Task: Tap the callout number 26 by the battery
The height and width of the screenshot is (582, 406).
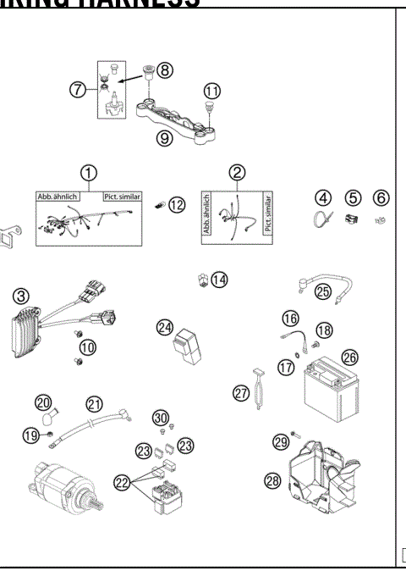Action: pos(349,358)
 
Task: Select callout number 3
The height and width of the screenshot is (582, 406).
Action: pos(21,297)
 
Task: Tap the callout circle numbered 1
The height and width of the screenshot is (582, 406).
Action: pos(88,173)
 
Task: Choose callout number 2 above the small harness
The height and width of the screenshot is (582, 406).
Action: pos(238,173)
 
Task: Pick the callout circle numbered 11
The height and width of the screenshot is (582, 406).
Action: pos(212,89)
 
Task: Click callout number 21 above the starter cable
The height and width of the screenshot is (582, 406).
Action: pos(94,404)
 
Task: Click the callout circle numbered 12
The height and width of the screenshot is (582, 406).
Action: pos(175,206)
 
